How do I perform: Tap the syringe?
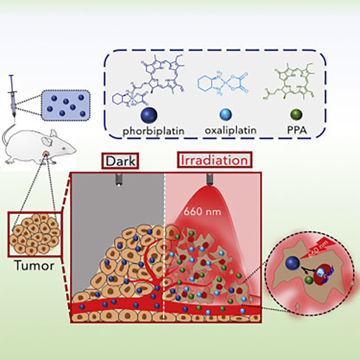pyautogui.click(x=14, y=98)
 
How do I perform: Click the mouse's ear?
pyautogui.click(x=53, y=134)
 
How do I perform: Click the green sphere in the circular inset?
pyautogui.click(x=309, y=280)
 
